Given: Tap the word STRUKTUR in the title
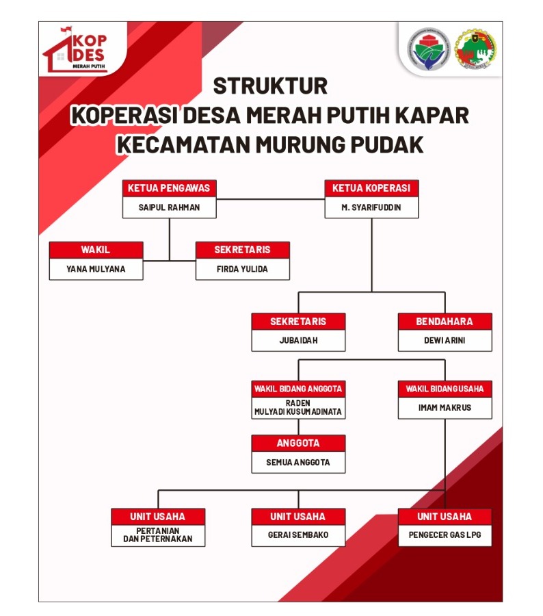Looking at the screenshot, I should tap(270, 86).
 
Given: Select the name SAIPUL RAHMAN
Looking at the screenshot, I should tap(170, 207).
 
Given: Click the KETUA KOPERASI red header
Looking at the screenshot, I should tap(371, 188).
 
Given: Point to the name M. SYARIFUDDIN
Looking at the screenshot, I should tap(371, 207).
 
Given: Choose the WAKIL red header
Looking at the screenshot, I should tap(96, 250).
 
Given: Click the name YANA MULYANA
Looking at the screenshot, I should tap(96, 269).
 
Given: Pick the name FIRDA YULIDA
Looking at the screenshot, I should tap(242, 269).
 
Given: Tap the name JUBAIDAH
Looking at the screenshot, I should tap(297, 340).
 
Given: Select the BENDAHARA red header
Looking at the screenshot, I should tap(445, 321).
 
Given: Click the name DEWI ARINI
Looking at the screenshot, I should tap(445, 340).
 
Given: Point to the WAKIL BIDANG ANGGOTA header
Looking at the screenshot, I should tap(297, 389).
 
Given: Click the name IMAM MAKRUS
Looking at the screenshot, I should tap(445, 408).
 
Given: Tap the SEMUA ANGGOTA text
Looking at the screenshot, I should tap(297, 462).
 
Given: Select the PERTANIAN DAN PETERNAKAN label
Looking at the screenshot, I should tap(158, 535).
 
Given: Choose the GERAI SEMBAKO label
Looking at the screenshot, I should tap(297, 535).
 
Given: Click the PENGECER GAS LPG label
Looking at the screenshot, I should tap(445, 535).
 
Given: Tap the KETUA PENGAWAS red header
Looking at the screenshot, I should tap(169, 188).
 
